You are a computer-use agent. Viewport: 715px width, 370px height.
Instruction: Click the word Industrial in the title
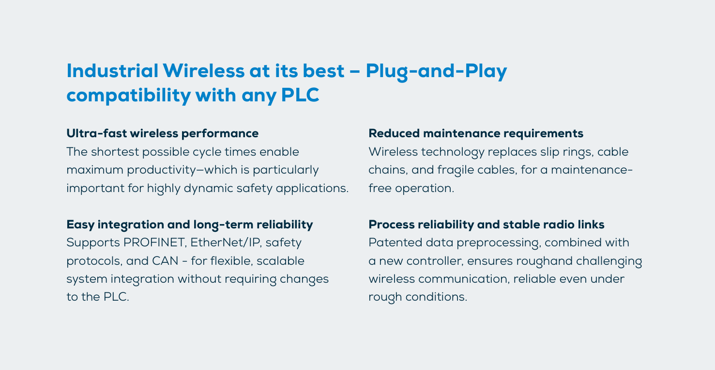pos(112,70)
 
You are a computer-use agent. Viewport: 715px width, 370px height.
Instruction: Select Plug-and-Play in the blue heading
pos(436,72)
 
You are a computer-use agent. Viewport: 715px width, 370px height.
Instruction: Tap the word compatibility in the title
pos(129,96)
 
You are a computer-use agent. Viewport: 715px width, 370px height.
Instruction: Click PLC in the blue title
pos(300,95)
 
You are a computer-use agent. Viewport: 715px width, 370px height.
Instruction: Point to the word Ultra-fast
pos(96,133)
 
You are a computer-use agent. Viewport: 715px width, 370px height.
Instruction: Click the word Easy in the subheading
pos(80,225)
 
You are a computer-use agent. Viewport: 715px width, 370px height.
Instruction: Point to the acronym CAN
pos(165,261)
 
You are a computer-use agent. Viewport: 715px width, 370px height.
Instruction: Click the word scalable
pos(281,261)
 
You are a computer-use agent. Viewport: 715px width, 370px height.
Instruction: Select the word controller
pos(433,261)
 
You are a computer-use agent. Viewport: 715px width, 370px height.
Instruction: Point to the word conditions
pos(436,297)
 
